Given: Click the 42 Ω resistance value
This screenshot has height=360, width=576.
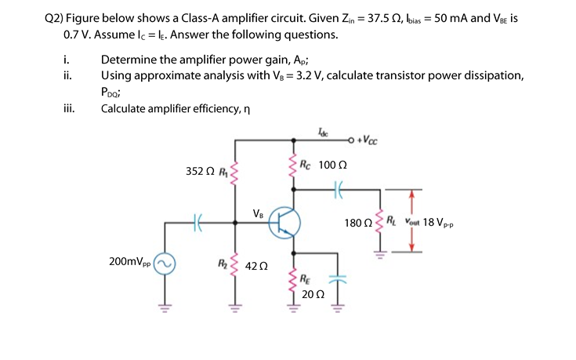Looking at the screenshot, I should [258, 265].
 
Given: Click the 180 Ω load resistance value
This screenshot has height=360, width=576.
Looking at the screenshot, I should [357, 223].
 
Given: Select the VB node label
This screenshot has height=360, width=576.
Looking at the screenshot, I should [259, 213].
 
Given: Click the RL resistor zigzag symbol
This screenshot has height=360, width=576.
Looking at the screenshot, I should [381, 224].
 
